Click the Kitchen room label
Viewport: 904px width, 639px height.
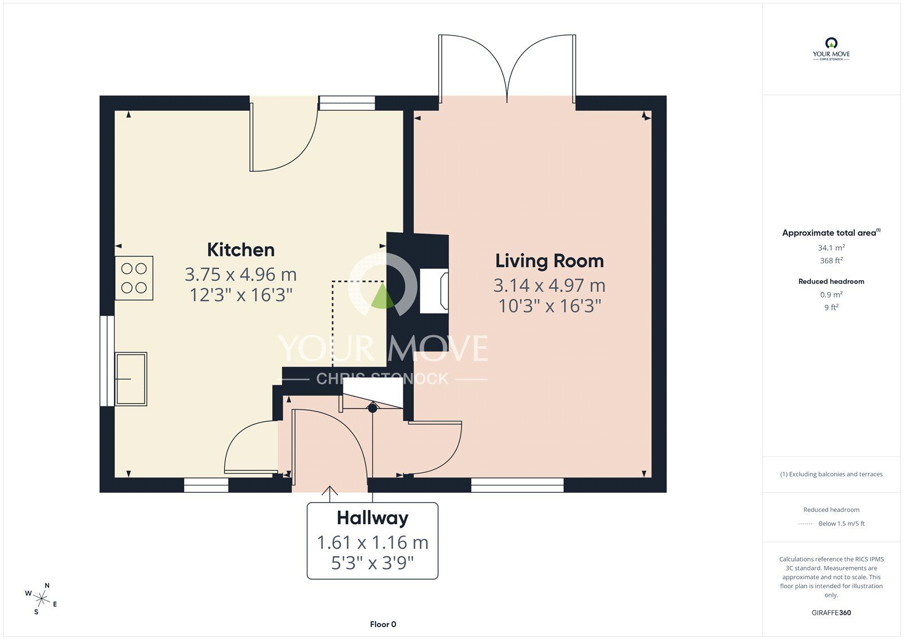tap(241, 250)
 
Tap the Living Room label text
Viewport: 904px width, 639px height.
tap(549, 261)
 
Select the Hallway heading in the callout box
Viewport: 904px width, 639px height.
tap(372, 518)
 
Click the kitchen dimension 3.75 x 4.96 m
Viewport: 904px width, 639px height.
tap(241, 275)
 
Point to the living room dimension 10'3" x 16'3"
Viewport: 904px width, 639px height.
tap(549, 306)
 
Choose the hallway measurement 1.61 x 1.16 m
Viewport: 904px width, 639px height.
tap(372, 542)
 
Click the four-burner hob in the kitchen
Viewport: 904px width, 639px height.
tap(134, 278)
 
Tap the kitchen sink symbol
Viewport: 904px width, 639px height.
tap(131, 379)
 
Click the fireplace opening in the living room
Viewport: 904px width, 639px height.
tap(434, 291)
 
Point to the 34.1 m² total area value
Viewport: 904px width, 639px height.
tap(831, 247)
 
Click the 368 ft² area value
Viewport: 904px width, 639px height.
tap(831, 260)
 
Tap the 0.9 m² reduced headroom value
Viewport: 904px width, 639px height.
tap(831, 294)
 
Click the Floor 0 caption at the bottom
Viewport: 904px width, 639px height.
tap(383, 624)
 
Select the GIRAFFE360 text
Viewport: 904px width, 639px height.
tap(831, 612)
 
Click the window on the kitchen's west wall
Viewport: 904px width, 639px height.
tap(107, 360)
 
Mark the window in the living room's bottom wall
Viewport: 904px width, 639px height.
tap(517, 485)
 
